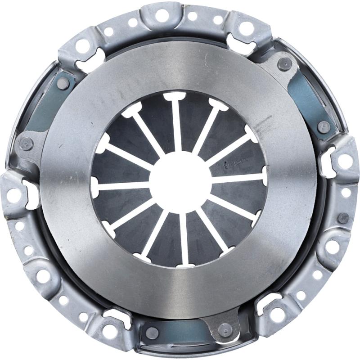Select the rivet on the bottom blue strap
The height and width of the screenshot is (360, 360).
point(152,333)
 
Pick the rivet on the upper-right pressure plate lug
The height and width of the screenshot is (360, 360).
point(284,64)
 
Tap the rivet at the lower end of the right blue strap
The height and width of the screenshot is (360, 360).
point(323,126)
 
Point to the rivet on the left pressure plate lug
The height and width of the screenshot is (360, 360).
point(27,144)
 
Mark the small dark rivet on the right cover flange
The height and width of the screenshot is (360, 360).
point(343,218)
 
